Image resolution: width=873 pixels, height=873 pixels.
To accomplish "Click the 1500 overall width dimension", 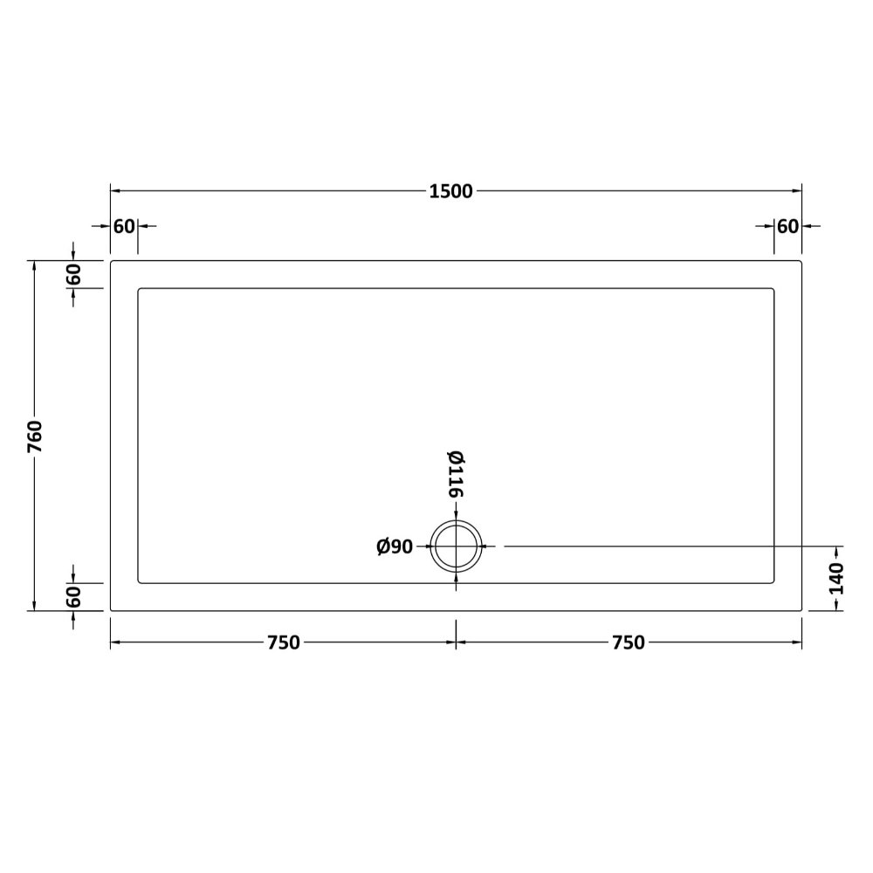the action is click(x=451, y=191).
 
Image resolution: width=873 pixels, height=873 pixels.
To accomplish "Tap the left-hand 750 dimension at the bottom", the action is click(x=284, y=643).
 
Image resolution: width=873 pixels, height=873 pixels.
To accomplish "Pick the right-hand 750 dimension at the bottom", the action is click(x=629, y=643).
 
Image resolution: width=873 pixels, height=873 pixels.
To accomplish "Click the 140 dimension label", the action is click(x=836, y=579).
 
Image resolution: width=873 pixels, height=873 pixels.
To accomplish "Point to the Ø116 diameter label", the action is click(x=456, y=474).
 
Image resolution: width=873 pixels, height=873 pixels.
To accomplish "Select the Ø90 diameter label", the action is click(x=395, y=546).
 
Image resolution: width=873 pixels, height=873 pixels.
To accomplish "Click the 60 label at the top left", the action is click(x=124, y=226).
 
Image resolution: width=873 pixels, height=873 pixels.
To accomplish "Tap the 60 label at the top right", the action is click(x=787, y=226).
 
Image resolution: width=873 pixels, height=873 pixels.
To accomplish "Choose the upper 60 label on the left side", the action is click(x=73, y=274).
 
